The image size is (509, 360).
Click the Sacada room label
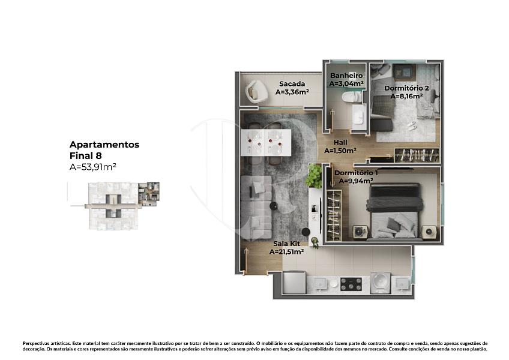tap(292, 84)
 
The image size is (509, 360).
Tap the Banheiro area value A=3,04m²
tap(346, 83)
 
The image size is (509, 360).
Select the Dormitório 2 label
tap(406, 88)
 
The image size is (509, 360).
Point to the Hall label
tap(340, 142)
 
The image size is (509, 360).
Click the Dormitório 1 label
tap(356, 173)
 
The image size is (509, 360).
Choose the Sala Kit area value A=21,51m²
tap(287, 251)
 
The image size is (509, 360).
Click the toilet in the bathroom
tap(352, 97)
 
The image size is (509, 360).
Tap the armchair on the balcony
tap(256, 92)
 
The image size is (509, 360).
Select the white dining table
tap(266, 143)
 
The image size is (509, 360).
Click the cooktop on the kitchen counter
tap(351, 284)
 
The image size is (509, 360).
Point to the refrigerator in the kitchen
tap(294, 282)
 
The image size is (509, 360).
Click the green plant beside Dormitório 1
tap(313, 176)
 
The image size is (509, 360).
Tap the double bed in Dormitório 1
tap(394, 211)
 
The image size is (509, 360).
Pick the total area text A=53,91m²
tap(93, 167)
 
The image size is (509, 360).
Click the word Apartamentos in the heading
tap(104, 145)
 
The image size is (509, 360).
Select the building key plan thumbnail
tap(114, 206)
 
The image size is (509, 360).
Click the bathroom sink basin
tap(359, 116)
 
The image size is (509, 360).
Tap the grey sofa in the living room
tap(256, 207)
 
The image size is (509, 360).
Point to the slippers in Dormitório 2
tap(412, 125)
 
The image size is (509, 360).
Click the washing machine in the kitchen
tap(380, 283)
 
